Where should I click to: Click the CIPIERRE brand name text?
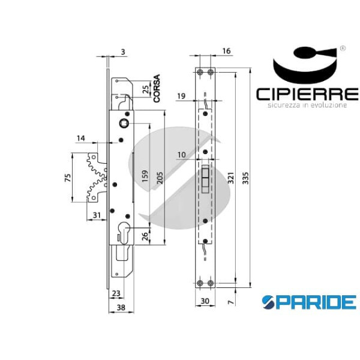(x=307, y=94)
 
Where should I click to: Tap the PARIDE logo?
(x=309, y=301)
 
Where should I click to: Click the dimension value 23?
(x=116, y=293)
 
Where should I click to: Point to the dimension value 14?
(x=81, y=139)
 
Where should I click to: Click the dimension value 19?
(x=182, y=95)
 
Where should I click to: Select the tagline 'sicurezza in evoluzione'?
(x=307, y=106)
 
